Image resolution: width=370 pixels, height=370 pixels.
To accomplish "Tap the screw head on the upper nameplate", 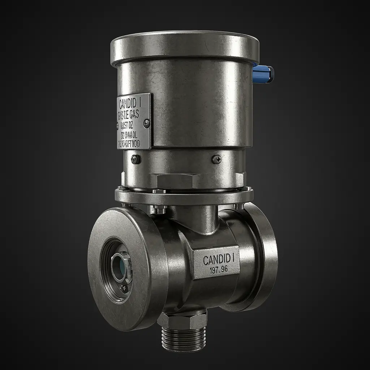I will [146, 124].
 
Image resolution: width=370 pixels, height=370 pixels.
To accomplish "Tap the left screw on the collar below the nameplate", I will [136, 159].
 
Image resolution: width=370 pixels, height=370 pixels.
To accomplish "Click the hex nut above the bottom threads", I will [182, 320].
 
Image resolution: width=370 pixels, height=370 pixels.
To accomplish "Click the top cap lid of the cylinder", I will [185, 47].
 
